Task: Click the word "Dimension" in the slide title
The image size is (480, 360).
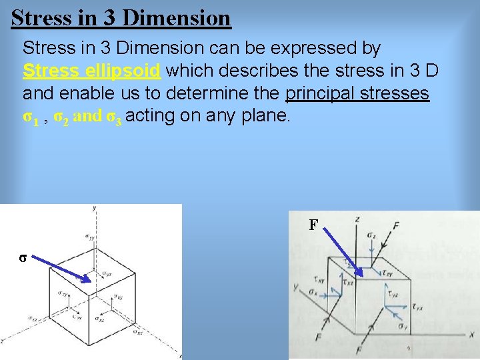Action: pyautogui.click(x=177, y=18)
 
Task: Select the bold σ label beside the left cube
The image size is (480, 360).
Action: pyautogui.click(x=23, y=258)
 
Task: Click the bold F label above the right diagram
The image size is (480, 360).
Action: pyautogui.click(x=313, y=225)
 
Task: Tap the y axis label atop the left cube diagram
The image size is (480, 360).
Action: pyautogui.click(x=95, y=208)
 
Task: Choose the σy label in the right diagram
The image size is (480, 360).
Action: pyautogui.click(x=402, y=326)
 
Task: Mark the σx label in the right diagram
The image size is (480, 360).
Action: pyautogui.click(x=313, y=292)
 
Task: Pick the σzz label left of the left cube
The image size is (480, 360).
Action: pyautogui.click(x=33, y=318)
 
